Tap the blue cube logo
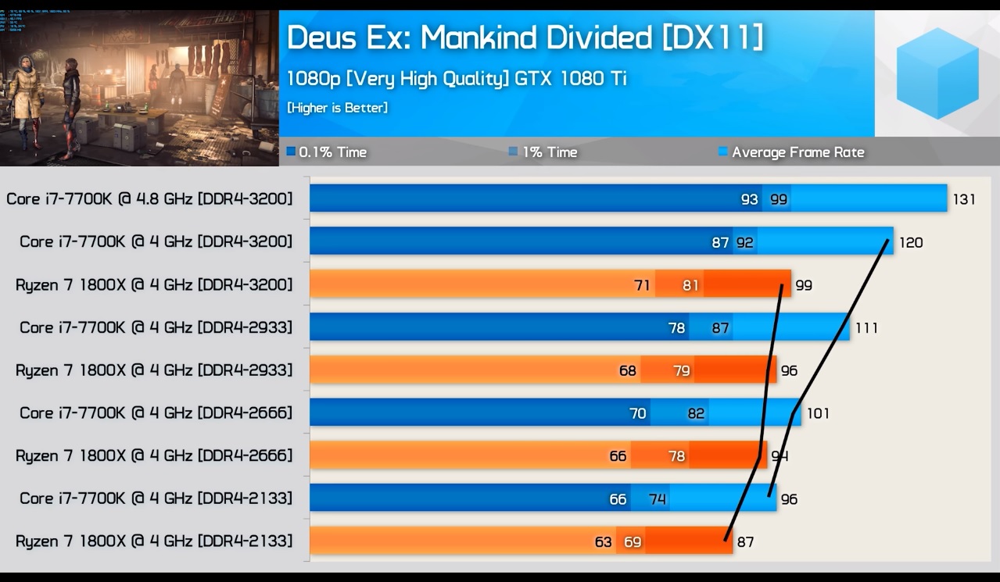coord(937,73)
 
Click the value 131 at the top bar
coord(963,199)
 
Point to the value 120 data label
coord(910,242)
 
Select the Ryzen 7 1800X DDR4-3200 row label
coord(154,284)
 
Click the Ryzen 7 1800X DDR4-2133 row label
coord(154,541)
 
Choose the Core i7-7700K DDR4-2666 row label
coord(156,412)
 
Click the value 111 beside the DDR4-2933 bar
coord(866,327)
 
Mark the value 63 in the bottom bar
coord(603,541)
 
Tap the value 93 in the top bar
coord(749,199)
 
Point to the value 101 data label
coord(818,412)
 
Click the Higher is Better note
coord(337,108)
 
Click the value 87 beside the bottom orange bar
coord(745,541)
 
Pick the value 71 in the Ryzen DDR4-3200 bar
coord(642,285)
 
